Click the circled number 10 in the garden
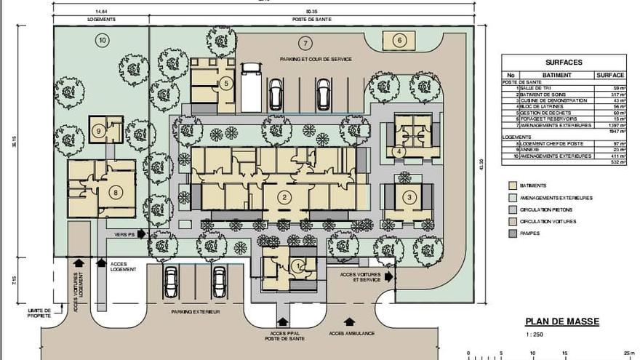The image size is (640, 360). pos(103,41)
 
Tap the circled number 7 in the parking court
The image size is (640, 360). pos(305,43)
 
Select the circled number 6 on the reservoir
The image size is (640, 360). pos(399,41)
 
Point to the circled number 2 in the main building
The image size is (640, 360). pos(285,196)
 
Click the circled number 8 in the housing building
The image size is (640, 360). pos(115,192)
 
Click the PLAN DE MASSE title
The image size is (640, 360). pos(562,321)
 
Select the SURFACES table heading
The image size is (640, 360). pos(564,63)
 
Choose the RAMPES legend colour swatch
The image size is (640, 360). pos(513,233)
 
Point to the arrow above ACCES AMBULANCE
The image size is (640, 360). pos(350,321)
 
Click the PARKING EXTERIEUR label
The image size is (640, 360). pos(196,311)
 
